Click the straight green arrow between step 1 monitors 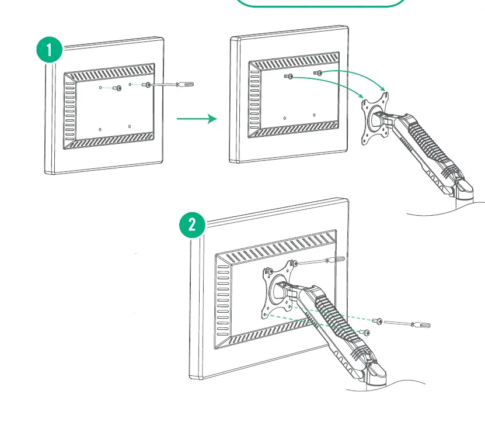click(x=197, y=119)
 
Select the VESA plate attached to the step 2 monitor click(x=278, y=290)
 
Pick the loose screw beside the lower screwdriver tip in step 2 click(x=379, y=321)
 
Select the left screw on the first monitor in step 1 click(x=117, y=88)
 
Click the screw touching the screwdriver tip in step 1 click(x=147, y=85)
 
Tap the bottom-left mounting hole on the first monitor click(x=100, y=128)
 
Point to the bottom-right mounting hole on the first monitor click(x=130, y=125)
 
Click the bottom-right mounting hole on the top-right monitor click(x=314, y=115)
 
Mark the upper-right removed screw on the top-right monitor click(x=318, y=72)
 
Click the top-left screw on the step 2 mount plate click(x=268, y=271)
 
